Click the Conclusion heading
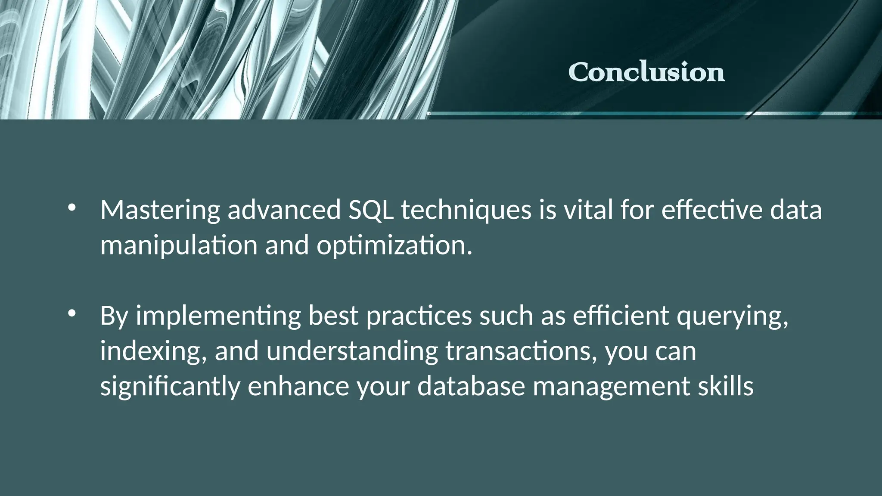pyautogui.click(x=646, y=72)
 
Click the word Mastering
pyautogui.click(x=160, y=211)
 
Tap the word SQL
pyautogui.click(x=371, y=211)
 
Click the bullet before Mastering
pyautogui.click(x=71, y=208)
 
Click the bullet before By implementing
pyautogui.click(x=71, y=313)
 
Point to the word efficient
pyautogui.click(x=621, y=316)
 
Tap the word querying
pyautogui.click(x=733, y=316)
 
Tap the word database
pyautogui.click(x=471, y=387)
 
